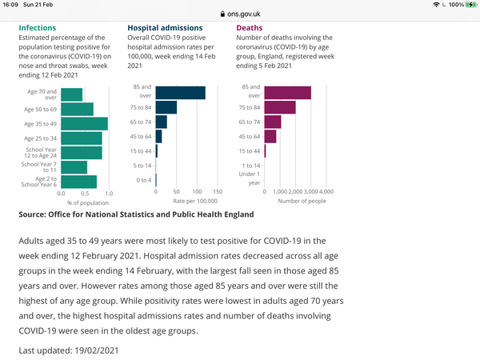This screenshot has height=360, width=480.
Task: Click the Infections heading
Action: click(38, 28)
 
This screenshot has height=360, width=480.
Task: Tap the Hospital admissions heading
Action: click(165, 28)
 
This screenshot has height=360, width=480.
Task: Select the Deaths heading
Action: click(249, 28)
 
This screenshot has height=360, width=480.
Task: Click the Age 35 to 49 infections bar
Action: click(84, 124)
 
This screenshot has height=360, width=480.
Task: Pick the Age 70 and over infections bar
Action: click(72, 94)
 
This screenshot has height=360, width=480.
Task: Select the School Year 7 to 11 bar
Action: click(74, 167)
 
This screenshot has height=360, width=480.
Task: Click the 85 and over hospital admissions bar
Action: click(181, 93)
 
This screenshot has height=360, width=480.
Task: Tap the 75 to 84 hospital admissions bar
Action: click(166, 107)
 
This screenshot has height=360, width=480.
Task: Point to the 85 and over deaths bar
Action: click(288, 93)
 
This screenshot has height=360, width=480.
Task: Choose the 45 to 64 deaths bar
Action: click(270, 136)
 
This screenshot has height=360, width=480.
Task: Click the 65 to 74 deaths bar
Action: click(273, 122)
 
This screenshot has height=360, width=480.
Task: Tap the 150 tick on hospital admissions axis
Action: click(218, 192)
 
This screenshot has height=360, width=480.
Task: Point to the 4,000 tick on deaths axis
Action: click(326, 192)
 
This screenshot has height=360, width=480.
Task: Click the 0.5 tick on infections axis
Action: click(85, 194)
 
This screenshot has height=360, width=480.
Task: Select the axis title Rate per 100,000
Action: click(195, 201)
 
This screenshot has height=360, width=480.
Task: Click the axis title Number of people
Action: click(302, 201)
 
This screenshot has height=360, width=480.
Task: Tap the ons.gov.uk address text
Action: click(244, 14)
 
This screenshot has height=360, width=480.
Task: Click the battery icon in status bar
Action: click(470, 5)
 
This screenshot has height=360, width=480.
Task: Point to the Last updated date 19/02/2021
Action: click(97, 350)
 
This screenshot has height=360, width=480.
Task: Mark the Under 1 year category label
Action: click(250, 178)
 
